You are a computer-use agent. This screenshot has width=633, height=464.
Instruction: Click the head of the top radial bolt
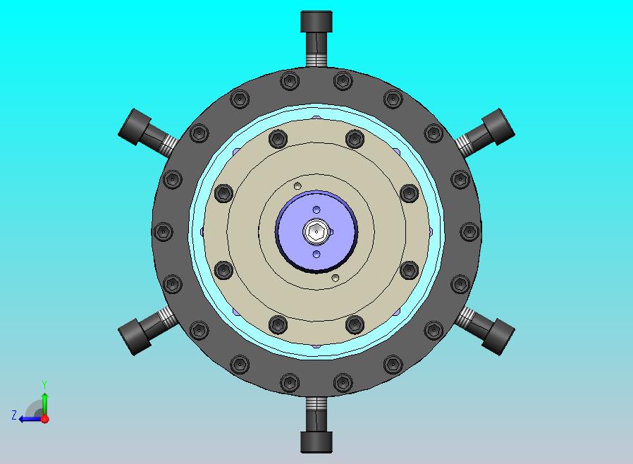(x=316, y=22)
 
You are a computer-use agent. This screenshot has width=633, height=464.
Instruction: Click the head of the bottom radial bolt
(x=316, y=442)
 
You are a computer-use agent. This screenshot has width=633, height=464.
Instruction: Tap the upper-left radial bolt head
(x=135, y=127)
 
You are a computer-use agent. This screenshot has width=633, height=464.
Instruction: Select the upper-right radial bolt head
(x=498, y=127)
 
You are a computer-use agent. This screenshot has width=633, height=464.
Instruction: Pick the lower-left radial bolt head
(x=135, y=337)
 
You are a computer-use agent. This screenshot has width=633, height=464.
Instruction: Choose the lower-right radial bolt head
(x=498, y=337)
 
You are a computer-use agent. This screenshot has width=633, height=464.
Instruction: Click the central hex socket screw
(x=316, y=231)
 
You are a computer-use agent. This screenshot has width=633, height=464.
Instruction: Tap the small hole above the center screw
(x=316, y=209)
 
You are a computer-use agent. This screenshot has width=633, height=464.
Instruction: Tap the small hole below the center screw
(x=316, y=254)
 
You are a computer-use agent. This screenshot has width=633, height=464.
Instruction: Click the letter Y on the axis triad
(x=45, y=384)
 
